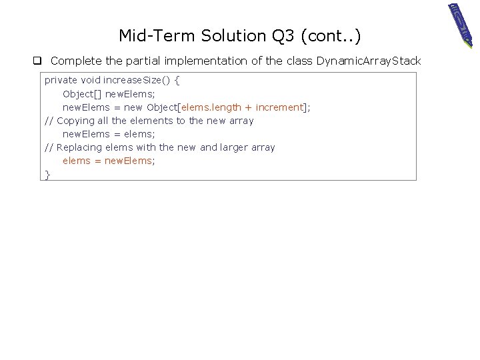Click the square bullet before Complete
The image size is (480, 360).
pyautogui.click(x=39, y=61)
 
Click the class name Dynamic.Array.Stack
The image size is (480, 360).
pyautogui.click(x=369, y=61)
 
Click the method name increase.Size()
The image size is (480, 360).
pyautogui.click(x=137, y=80)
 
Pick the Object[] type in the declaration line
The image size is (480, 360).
pyautogui.click(x=82, y=94)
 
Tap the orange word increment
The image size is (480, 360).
pyautogui.click(x=279, y=107)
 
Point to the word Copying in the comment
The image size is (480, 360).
pyautogui.click(x=75, y=121)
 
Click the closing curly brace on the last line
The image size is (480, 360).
pyautogui.click(x=47, y=174)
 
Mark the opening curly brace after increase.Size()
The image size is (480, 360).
pyautogui.click(x=177, y=80)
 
